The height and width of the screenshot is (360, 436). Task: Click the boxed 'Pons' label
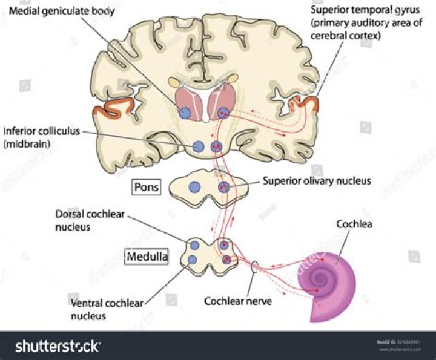(x=147, y=187)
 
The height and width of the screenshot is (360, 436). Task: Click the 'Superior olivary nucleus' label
(x=316, y=180)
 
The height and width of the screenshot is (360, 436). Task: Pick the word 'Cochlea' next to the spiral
(x=354, y=224)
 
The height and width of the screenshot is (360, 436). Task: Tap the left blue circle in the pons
(x=194, y=188)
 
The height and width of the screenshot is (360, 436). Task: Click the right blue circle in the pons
(x=223, y=187)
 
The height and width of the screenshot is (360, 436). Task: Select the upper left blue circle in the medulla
(x=195, y=245)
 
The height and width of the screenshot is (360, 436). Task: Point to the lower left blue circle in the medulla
(x=192, y=260)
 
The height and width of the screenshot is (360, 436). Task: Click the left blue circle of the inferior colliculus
(x=198, y=146)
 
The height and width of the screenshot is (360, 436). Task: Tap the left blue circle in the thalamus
(x=186, y=113)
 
